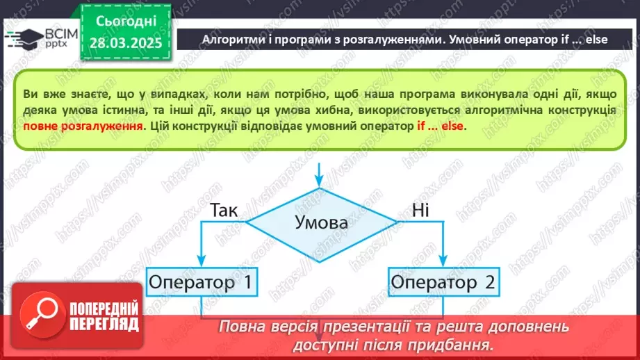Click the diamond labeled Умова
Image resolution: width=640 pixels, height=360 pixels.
[x=319, y=223]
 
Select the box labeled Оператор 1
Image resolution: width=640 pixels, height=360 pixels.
[x=200, y=283]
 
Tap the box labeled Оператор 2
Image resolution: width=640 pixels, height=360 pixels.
[x=442, y=283]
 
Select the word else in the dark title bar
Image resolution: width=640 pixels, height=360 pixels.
[x=596, y=40]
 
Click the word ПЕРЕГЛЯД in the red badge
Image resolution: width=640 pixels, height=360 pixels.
[x=104, y=324]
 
